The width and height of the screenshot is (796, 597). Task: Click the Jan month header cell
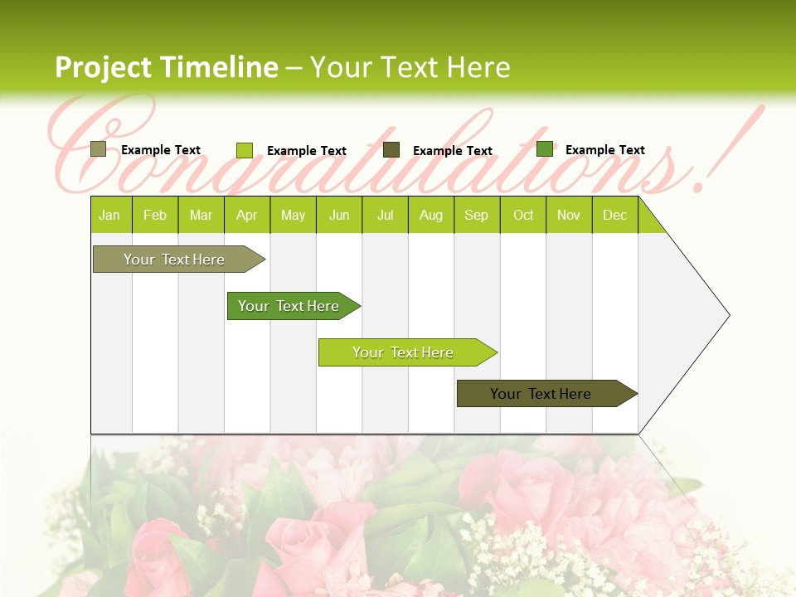pos(110,215)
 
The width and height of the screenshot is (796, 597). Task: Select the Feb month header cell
pos(155,215)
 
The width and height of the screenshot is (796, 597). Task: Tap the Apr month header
pos(247,215)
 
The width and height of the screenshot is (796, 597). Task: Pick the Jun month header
pos(339,215)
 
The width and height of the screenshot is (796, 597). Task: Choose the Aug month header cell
pos(431,215)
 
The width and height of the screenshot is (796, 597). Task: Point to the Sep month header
pos(477,215)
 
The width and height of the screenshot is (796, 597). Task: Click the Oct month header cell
pos(523,215)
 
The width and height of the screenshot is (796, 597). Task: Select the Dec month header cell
pos(615,215)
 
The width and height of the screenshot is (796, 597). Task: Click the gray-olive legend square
pos(99,149)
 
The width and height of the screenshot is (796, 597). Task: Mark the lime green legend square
pos(245,150)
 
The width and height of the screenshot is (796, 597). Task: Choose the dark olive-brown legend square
pos(391,150)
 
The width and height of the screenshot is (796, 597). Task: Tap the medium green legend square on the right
pos(545,149)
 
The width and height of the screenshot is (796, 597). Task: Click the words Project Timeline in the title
pos(166,67)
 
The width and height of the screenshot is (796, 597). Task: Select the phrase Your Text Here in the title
pos(410,67)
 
